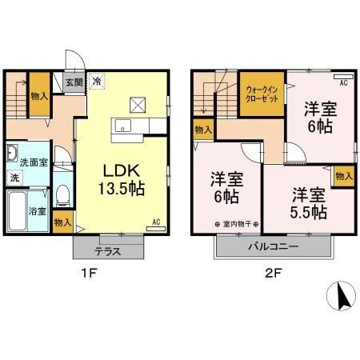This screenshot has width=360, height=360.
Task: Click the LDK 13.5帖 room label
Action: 122,180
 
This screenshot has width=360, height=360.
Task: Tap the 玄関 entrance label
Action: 74,82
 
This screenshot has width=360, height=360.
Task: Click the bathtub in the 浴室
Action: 17,210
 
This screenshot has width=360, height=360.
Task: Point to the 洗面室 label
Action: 34,162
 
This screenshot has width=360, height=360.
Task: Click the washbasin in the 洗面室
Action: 12,154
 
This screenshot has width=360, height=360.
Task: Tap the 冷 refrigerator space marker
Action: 97,81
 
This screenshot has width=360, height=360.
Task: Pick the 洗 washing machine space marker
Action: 14,178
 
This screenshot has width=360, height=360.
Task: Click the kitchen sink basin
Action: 122,126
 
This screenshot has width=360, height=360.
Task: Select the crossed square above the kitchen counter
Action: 138,105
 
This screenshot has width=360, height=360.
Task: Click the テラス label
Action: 108,251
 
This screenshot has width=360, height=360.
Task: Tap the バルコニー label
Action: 274,246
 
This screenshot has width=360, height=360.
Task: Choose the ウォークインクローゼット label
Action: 262,94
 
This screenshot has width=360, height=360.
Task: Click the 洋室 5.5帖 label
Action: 309,203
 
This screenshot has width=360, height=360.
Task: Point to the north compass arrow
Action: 342,296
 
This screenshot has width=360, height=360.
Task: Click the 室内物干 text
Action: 237,224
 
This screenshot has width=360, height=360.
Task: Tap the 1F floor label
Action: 89,274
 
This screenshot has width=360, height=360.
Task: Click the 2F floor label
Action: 272,274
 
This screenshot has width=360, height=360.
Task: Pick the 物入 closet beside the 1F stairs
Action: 39,94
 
